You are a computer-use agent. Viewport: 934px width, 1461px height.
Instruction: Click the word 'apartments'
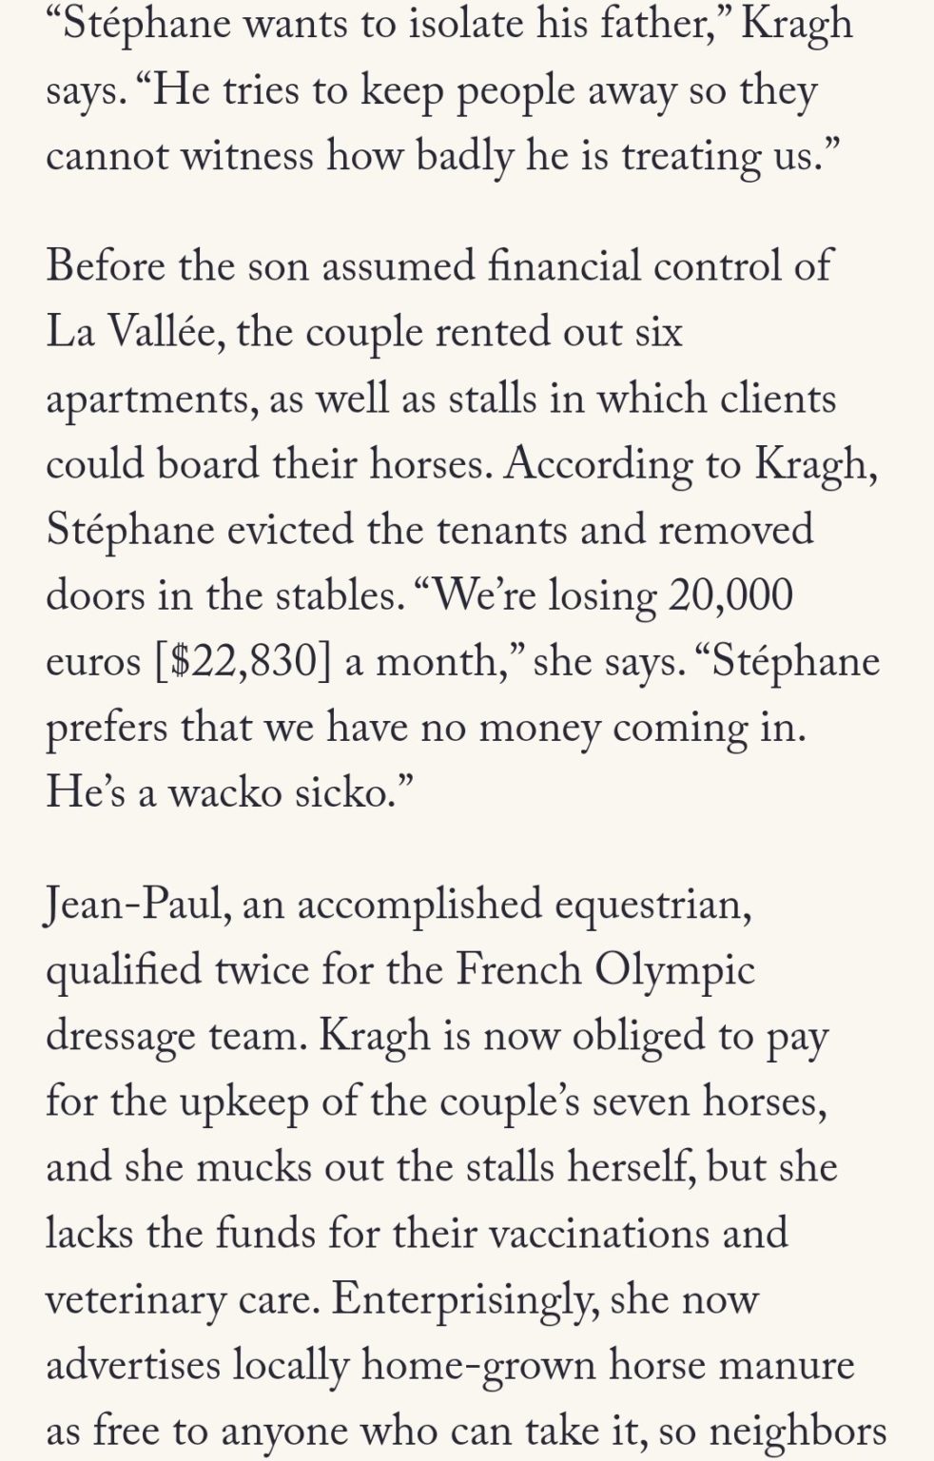(147, 399)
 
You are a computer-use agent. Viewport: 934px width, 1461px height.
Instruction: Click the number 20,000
(730, 595)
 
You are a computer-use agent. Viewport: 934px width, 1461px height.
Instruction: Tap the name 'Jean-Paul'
(134, 905)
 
